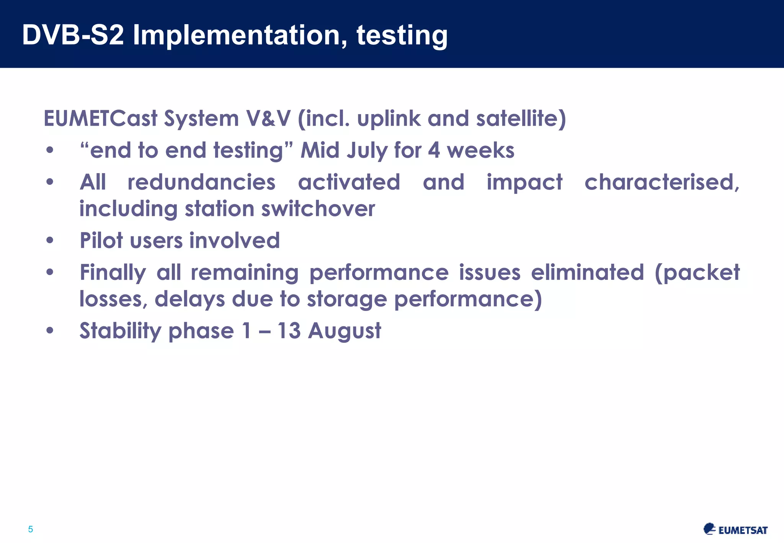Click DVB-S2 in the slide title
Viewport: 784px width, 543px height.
73,35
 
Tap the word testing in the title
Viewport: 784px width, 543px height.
402,35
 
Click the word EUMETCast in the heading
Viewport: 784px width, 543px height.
100,118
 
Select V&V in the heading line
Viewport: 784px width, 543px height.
268,118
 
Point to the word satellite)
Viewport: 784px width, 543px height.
521,118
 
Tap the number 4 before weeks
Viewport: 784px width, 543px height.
434,150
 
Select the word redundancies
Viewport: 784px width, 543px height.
201,182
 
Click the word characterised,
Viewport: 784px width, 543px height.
662,182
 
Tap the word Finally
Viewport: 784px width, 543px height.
113,273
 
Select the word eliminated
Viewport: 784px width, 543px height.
587,273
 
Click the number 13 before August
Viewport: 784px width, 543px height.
289,330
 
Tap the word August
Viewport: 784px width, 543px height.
345,331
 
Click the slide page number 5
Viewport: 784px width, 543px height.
31,529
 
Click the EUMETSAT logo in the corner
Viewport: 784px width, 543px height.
735,529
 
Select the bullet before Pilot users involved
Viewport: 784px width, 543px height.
50,241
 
